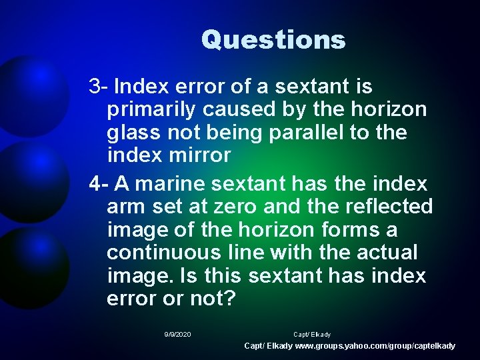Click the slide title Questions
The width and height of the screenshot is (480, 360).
point(273,39)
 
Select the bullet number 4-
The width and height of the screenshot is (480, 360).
point(99,183)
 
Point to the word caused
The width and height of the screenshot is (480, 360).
point(249,110)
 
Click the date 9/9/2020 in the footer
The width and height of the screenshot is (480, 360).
point(177,334)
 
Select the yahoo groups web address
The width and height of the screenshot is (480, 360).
point(375,346)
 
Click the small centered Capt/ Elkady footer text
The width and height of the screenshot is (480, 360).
point(312,334)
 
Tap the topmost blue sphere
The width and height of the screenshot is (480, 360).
point(30,93)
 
